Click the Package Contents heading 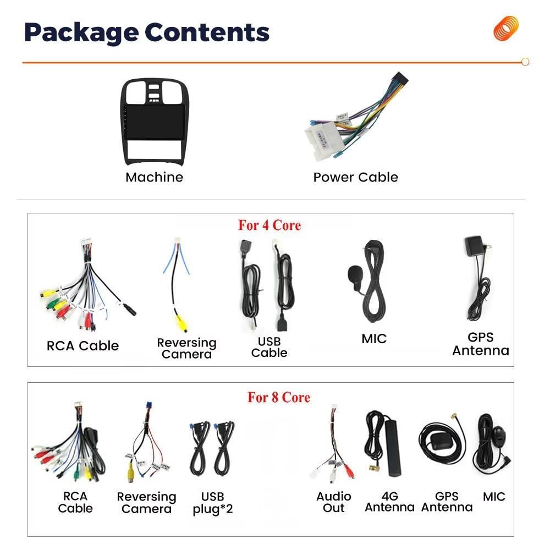click(147, 32)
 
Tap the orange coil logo click(505, 28)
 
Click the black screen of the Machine click(156, 122)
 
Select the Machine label click(155, 177)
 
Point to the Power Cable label click(356, 177)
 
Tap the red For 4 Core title click(269, 225)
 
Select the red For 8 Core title click(279, 397)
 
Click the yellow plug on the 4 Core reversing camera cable click(183, 323)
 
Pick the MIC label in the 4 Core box click(374, 339)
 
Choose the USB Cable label click(269, 347)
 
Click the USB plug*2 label click(212, 503)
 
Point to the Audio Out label click(334, 502)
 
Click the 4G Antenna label click(390, 502)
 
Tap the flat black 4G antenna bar click(393, 448)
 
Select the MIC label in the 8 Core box click(494, 497)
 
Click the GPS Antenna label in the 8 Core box click(447, 502)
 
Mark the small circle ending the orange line click(525, 62)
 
